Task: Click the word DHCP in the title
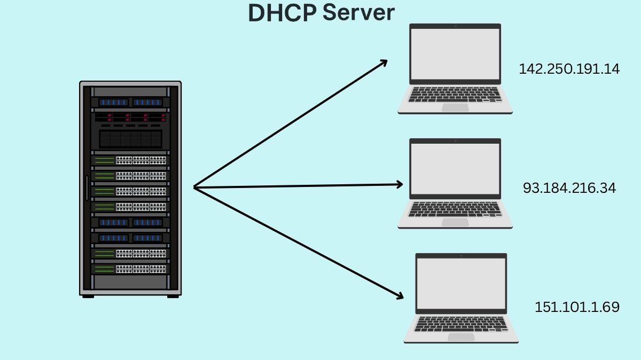click(282, 13)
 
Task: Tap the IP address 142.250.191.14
click(569, 69)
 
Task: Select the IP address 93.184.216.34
click(569, 188)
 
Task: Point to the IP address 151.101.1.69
click(577, 307)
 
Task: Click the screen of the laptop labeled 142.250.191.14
click(455, 54)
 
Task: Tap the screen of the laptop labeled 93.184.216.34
click(455, 169)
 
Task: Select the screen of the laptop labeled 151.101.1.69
click(461, 284)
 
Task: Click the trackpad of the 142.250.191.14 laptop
click(455, 107)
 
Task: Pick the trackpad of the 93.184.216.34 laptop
click(455, 222)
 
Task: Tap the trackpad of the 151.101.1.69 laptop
click(461, 337)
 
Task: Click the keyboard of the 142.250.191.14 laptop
click(455, 95)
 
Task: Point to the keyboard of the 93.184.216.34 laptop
click(455, 209)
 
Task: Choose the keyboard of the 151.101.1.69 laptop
click(461, 324)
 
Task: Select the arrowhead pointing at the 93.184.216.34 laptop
click(398, 184)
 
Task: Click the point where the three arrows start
click(194, 187)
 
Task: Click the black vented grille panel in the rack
click(130, 139)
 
